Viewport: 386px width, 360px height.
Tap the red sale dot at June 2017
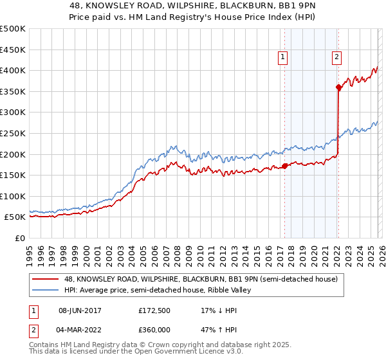pos(284,166)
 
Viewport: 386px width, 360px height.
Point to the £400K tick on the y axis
pos(13,71)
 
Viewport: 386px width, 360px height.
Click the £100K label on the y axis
pos(13,197)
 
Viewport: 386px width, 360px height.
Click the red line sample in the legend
pos(46,279)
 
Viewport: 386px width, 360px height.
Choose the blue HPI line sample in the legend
pos(46,290)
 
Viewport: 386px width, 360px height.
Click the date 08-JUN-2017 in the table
pos(80,310)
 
